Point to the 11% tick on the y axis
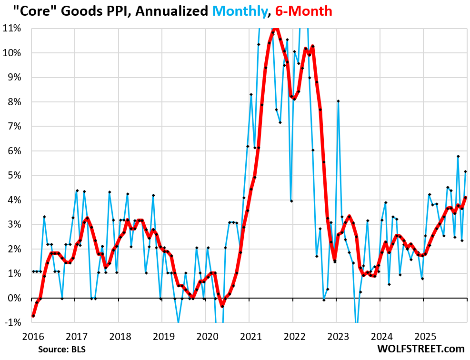[12, 28]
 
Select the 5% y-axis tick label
[14, 175]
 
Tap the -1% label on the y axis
[13, 322]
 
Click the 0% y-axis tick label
[14, 298]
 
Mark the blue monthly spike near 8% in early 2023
[338, 101]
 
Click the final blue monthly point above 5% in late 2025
[465, 171]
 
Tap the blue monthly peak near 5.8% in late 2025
[458, 156]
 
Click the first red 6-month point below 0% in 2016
[33, 316]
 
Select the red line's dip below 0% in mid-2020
[222, 306]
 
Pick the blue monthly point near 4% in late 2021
[291, 201]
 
